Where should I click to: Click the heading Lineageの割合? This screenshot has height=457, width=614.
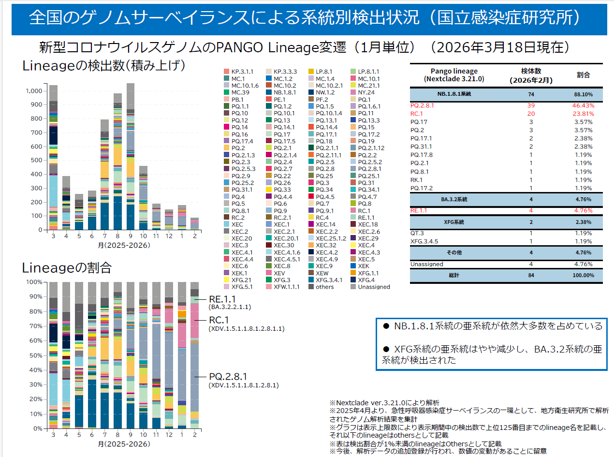[67, 267]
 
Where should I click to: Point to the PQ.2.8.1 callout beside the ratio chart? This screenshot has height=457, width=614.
[228, 376]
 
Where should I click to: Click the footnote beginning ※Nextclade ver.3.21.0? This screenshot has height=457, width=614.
[384, 402]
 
